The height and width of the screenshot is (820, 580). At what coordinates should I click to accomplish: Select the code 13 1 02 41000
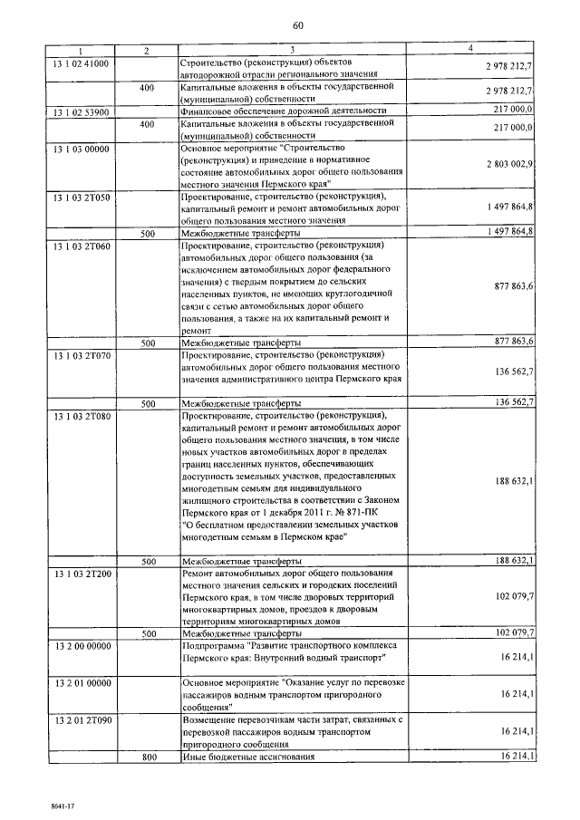click(x=81, y=63)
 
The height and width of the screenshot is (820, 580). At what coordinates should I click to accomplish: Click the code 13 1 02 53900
click(x=81, y=112)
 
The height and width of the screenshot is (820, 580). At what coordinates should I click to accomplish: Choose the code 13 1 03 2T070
click(x=81, y=356)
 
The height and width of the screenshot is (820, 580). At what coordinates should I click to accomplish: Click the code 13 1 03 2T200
click(x=81, y=574)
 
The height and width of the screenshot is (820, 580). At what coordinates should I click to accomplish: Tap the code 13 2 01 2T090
click(x=81, y=719)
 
